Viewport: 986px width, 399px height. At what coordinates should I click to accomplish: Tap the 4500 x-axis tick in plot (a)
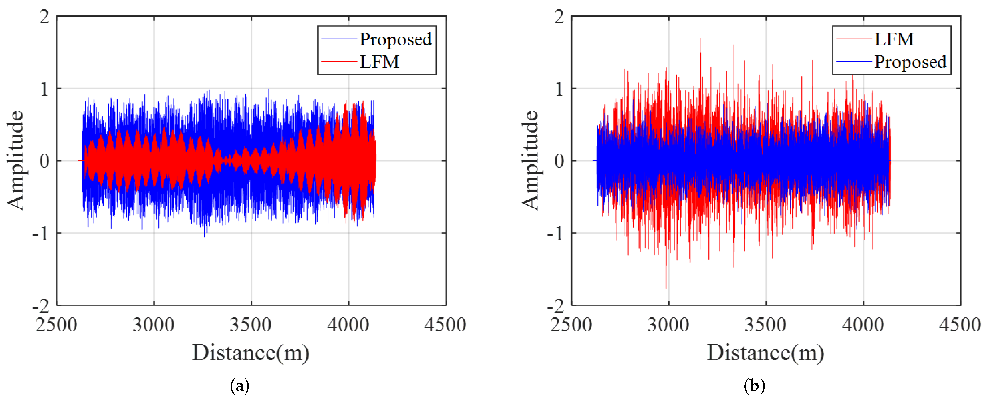[445, 325]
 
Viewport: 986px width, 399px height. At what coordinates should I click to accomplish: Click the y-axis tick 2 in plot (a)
[44, 17]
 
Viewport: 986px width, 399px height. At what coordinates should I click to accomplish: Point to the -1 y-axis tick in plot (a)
[41, 233]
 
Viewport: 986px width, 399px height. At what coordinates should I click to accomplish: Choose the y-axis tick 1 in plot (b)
[559, 89]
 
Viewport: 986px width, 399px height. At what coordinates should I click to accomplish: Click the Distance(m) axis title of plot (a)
[251, 353]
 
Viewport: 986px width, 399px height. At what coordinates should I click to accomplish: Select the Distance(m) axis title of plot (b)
[765, 353]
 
